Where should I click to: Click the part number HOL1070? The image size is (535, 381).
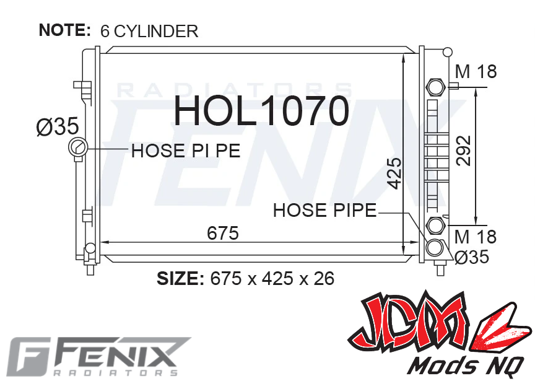(262, 111)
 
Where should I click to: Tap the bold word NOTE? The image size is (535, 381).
(65, 30)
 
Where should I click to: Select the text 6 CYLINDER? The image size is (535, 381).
(149, 31)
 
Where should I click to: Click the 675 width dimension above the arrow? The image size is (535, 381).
(223, 233)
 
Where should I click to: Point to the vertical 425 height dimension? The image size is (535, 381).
(394, 173)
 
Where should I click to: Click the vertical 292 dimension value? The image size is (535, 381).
(464, 151)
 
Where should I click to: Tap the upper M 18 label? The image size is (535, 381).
(476, 72)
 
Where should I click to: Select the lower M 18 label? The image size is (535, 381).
(476, 237)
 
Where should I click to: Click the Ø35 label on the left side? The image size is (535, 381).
(58, 126)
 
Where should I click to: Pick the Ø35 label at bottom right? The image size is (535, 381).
(472, 256)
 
